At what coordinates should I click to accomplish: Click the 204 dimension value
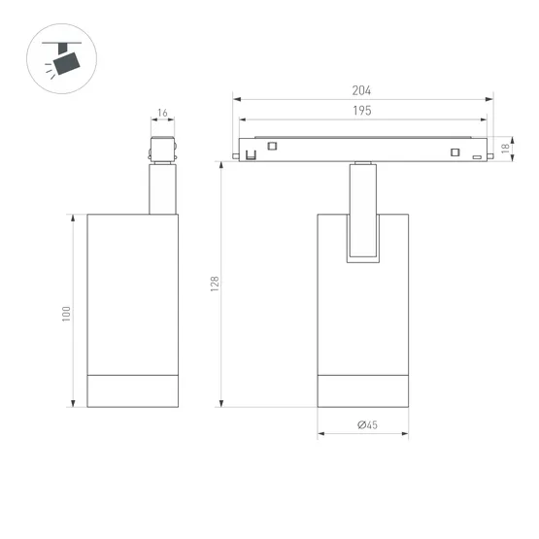[362, 90]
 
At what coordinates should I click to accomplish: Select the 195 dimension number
[362, 112]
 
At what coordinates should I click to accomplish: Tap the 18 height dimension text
[505, 149]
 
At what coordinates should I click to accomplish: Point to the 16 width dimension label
[162, 114]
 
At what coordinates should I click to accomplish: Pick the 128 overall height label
[216, 283]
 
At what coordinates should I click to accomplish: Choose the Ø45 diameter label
[366, 424]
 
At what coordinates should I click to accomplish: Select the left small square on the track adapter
[272, 147]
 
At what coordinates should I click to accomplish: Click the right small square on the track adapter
[453, 151]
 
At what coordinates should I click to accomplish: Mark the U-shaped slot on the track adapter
[250, 153]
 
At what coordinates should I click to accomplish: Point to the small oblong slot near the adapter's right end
[476, 155]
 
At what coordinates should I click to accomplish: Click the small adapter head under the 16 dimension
[162, 150]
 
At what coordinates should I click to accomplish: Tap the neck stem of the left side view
[162, 188]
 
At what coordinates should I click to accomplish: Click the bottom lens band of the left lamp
[133, 390]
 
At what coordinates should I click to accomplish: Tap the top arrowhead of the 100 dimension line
[74, 217]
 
